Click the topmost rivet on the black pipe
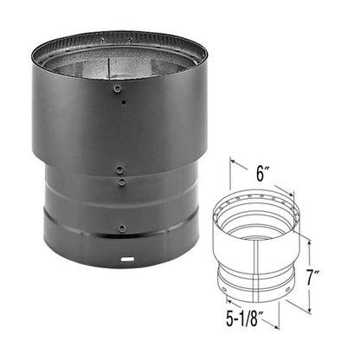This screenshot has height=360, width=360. click(118, 88)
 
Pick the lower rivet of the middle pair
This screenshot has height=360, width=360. click(121, 183)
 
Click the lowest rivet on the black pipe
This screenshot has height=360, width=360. click(122, 228)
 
